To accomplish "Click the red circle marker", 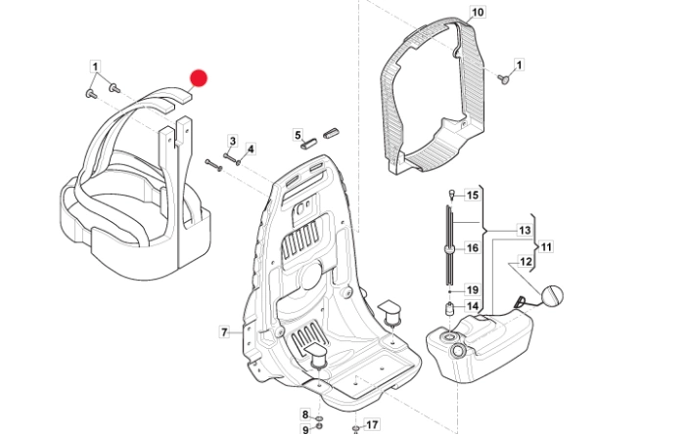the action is pyautogui.click(x=199, y=78).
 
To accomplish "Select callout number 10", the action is pyautogui.click(x=478, y=12).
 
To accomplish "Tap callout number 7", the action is pyautogui.click(x=224, y=332).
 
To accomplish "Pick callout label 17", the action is pyautogui.click(x=372, y=424).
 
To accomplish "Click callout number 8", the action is pyautogui.click(x=305, y=414).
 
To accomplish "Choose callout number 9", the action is pyautogui.click(x=305, y=429).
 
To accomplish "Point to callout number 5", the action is pyautogui.click(x=298, y=135).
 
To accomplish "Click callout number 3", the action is pyautogui.click(x=233, y=141).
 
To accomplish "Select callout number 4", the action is pyautogui.click(x=251, y=150).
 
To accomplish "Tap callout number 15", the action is pyautogui.click(x=473, y=195).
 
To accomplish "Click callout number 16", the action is pyautogui.click(x=473, y=248).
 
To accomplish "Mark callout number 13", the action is pyautogui.click(x=525, y=230).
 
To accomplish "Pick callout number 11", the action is pyautogui.click(x=546, y=247).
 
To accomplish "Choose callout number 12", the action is pyautogui.click(x=526, y=262).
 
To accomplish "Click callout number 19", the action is pyautogui.click(x=473, y=290).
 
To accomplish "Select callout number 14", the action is pyautogui.click(x=473, y=306).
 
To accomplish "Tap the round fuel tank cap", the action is pyautogui.click(x=551, y=295).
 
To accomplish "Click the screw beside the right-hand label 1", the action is pyautogui.click(x=504, y=79).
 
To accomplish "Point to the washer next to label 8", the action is pyautogui.click(x=319, y=417).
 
